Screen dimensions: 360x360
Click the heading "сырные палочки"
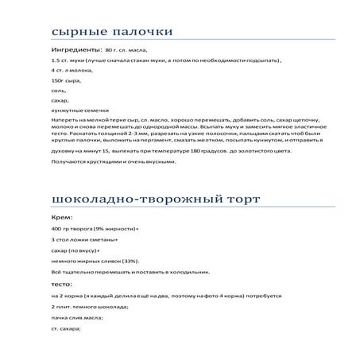(x=111, y=32)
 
